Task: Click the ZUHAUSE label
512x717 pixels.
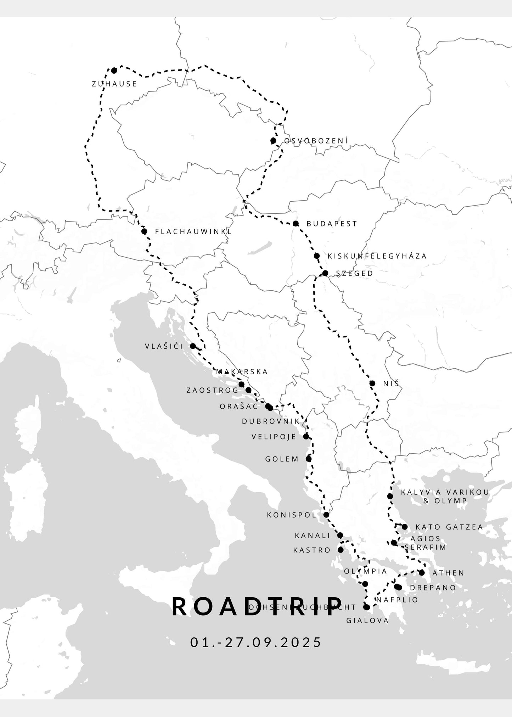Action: (x=114, y=84)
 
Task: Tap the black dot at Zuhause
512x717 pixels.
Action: (x=114, y=71)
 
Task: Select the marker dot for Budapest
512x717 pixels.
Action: (x=296, y=224)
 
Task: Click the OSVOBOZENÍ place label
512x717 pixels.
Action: (x=316, y=141)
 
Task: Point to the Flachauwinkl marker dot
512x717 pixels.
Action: (x=144, y=231)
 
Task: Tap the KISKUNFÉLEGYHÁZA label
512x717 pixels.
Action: (x=377, y=256)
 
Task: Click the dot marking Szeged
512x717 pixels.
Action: (x=325, y=273)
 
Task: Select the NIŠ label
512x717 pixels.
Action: (x=391, y=383)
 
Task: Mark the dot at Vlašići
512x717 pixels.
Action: (x=193, y=346)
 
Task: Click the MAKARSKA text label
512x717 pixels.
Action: (x=242, y=372)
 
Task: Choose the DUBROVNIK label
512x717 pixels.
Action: (x=271, y=421)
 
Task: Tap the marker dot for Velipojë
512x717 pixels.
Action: (x=306, y=436)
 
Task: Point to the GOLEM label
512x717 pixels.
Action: (x=282, y=459)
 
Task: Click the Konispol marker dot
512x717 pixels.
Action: (x=326, y=515)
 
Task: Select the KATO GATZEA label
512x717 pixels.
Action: (x=449, y=527)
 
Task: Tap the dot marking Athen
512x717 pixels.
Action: (x=422, y=572)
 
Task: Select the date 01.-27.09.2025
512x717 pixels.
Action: (x=256, y=642)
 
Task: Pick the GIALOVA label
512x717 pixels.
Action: (x=367, y=621)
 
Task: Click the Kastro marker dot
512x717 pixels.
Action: (x=341, y=550)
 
